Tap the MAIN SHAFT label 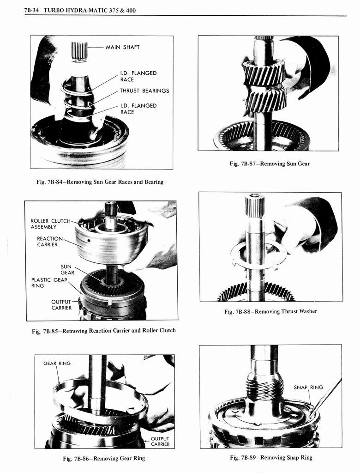(x=122, y=47)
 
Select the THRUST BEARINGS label (x=144, y=91)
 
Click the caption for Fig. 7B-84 (x=100, y=182)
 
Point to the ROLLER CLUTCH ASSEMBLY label (x=50, y=224)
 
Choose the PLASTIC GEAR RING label (x=49, y=283)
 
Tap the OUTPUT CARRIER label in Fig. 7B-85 (x=61, y=305)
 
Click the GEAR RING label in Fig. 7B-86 (x=57, y=363)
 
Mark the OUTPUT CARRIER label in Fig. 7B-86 (x=160, y=442)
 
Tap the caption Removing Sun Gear (x=270, y=164)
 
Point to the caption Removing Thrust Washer (x=270, y=312)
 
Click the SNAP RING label (x=308, y=387)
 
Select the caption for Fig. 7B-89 (x=271, y=458)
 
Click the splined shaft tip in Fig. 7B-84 (x=79, y=50)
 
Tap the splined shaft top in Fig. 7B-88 (x=254, y=206)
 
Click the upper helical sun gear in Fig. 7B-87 (x=264, y=73)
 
